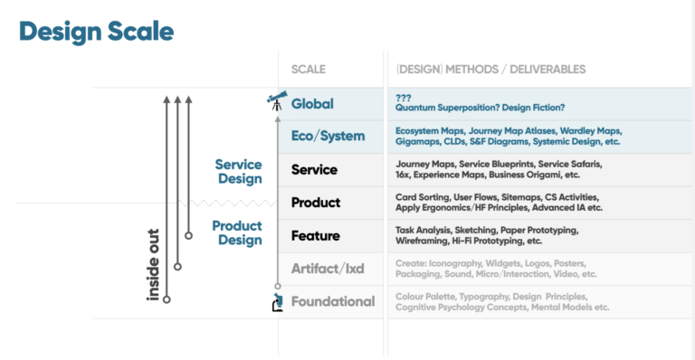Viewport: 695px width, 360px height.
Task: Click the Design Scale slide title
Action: (x=96, y=33)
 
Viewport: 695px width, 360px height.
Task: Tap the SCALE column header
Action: (x=309, y=69)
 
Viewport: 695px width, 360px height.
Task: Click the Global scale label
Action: (x=312, y=103)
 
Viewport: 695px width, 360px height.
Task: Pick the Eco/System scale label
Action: (x=328, y=137)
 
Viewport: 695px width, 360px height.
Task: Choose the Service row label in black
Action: (x=314, y=169)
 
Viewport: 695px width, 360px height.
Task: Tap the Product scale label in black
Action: (x=316, y=203)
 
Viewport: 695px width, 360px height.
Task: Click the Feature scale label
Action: (x=315, y=236)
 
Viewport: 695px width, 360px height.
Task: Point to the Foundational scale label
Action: (x=332, y=301)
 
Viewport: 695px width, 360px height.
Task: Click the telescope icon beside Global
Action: (x=276, y=101)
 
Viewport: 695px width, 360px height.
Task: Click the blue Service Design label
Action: (x=238, y=172)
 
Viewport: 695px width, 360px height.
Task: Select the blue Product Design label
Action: (x=237, y=232)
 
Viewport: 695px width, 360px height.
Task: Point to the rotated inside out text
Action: (x=153, y=263)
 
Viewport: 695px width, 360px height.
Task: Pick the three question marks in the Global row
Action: (x=404, y=97)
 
